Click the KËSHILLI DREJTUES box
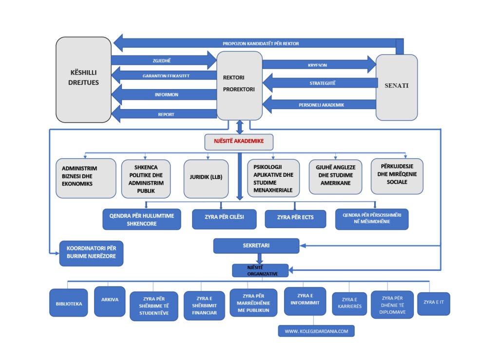[83, 79]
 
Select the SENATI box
[397, 87]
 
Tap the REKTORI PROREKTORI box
[239, 85]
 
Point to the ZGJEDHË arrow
[164, 60]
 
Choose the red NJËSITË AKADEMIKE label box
[238, 141]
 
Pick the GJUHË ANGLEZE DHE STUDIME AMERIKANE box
[335, 176]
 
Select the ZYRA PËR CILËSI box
[224, 219]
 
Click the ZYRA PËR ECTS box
[295, 219]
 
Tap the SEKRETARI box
[256, 246]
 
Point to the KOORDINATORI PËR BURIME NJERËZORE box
[91, 253]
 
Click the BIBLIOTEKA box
[68, 303]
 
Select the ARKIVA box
[110, 301]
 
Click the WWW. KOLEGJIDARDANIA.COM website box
[316, 331]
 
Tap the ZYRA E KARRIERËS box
[349, 303]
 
